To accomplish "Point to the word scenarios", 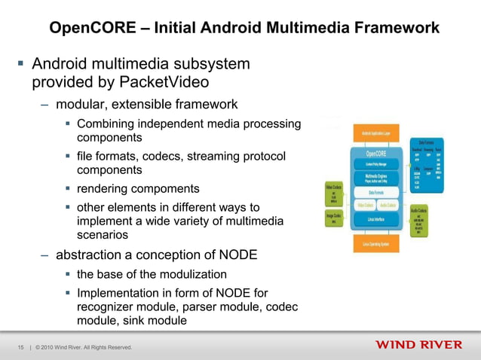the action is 106,235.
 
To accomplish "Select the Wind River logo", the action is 418,346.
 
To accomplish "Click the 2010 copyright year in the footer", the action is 54,347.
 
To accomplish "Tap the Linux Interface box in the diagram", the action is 376,219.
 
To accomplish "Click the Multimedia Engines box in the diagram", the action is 376,178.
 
